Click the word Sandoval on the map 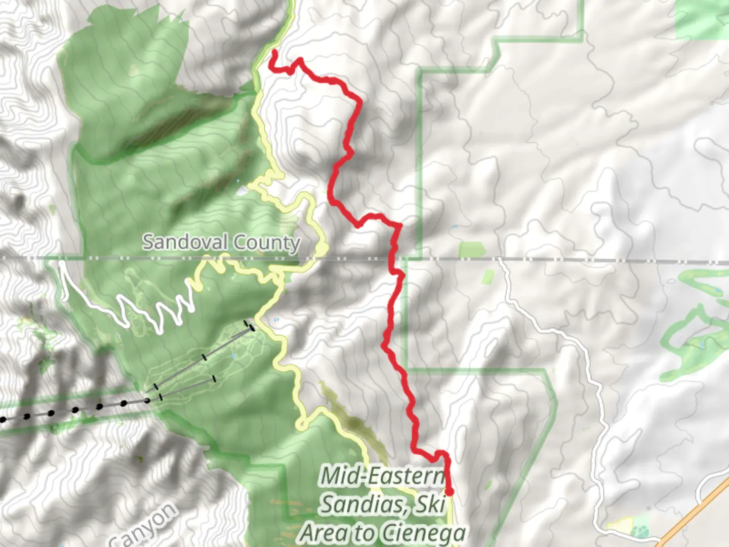click(185, 242)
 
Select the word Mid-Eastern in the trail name click(383, 476)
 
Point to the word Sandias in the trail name click(365, 504)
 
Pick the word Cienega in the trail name click(423, 533)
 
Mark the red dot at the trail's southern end click(449, 491)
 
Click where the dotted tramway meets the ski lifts click(147, 401)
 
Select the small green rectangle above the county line click(471, 249)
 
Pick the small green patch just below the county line click(488, 277)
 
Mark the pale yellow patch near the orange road click(622, 525)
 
